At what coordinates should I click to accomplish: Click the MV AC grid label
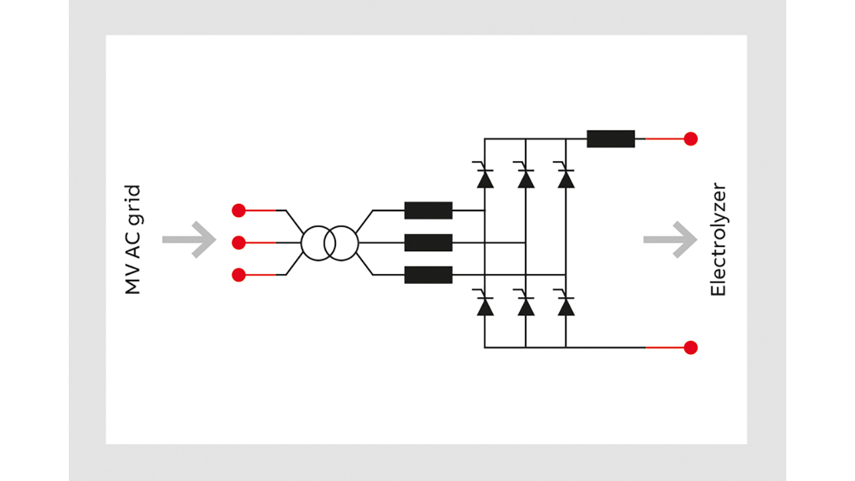coord(133,240)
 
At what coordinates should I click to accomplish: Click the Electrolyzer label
coord(717,240)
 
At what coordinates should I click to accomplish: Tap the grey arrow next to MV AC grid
coord(190,239)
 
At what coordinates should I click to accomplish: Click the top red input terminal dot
coord(238,210)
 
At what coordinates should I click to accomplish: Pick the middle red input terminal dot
coord(238,243)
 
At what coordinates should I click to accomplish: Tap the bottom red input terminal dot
coord(238,275)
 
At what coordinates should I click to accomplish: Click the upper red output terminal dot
coord(691,139)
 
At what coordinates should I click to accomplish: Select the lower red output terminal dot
coord(691,347)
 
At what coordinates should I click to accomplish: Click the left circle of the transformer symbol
coord(317,243)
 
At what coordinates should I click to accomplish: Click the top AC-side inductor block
coord(428,210)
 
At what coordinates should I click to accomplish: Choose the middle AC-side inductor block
coord(428,243)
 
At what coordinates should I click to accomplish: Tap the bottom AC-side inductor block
coord(428,275)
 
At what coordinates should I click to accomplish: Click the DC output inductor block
coord(611,139)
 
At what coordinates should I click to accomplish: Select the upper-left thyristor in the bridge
coord(485,178)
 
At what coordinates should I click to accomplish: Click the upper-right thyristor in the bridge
coord(566,178)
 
